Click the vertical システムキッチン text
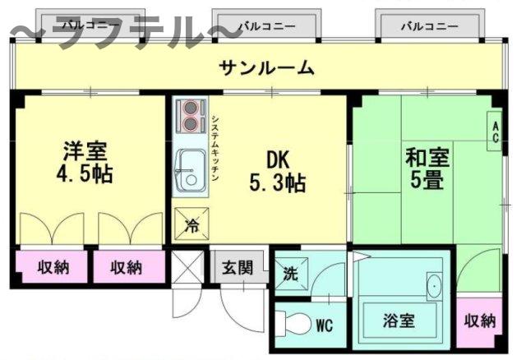click(x=215, y=147)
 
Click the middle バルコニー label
click(x=266, y=26)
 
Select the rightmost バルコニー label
click(x=430, y=26)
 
